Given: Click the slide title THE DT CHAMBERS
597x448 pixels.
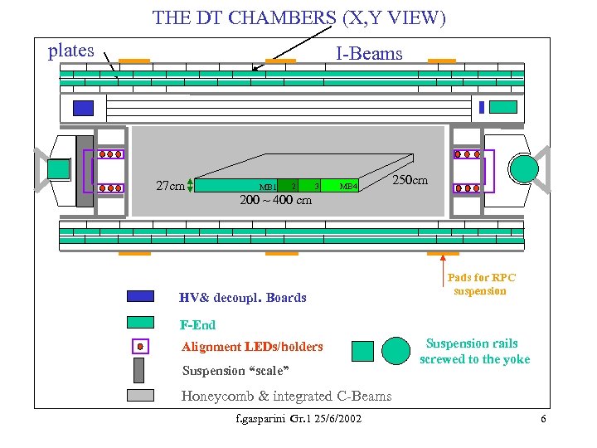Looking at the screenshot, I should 298,18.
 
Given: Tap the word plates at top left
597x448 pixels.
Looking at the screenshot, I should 71,50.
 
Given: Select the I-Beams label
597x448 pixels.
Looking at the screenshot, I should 369,55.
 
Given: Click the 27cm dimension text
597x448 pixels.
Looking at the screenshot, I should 170,186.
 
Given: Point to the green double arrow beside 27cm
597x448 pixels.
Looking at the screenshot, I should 191,186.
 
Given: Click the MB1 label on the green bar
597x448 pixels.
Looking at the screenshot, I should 267,187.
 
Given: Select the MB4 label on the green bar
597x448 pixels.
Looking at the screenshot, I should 348,187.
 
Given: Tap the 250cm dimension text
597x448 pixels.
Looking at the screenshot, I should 410,180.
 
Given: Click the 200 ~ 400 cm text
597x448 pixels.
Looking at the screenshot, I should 275,200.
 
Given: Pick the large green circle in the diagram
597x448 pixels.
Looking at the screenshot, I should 524,168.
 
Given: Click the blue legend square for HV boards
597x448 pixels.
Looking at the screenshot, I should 140,296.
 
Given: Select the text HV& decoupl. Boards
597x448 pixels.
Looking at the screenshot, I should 243,297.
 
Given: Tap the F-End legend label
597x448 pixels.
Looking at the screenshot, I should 197,324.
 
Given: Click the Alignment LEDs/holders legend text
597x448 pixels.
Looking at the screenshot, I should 252,347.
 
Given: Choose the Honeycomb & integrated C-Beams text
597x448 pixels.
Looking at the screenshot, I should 286,396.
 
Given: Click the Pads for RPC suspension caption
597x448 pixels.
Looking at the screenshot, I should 481,284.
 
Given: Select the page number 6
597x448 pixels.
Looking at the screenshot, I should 543,419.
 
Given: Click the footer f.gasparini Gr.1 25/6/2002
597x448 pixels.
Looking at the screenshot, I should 298,419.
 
